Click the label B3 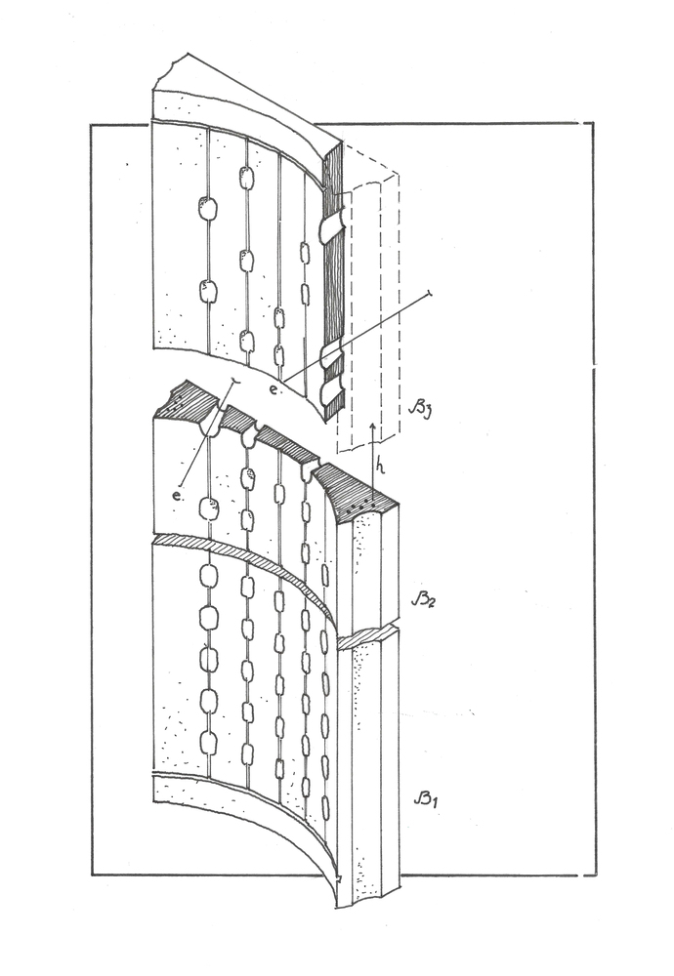click(419, 410)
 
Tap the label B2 click(424, 600)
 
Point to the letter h click(381, 466)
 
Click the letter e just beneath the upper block click(273, 389)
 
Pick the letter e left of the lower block click(178, 496)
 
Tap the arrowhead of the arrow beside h click(372, 428)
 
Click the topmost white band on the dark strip click(331, 227)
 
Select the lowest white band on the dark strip click(331, 391)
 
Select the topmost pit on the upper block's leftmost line click(207, 209)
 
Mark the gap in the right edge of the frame click(593, 368)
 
